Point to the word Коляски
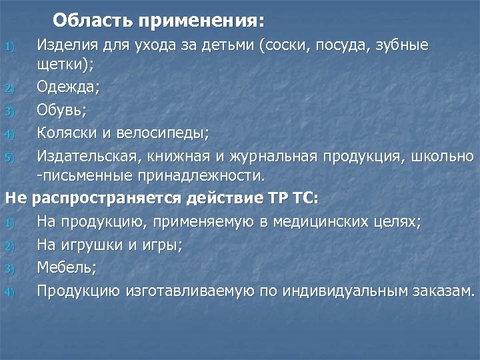click(x=67, y=132)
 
